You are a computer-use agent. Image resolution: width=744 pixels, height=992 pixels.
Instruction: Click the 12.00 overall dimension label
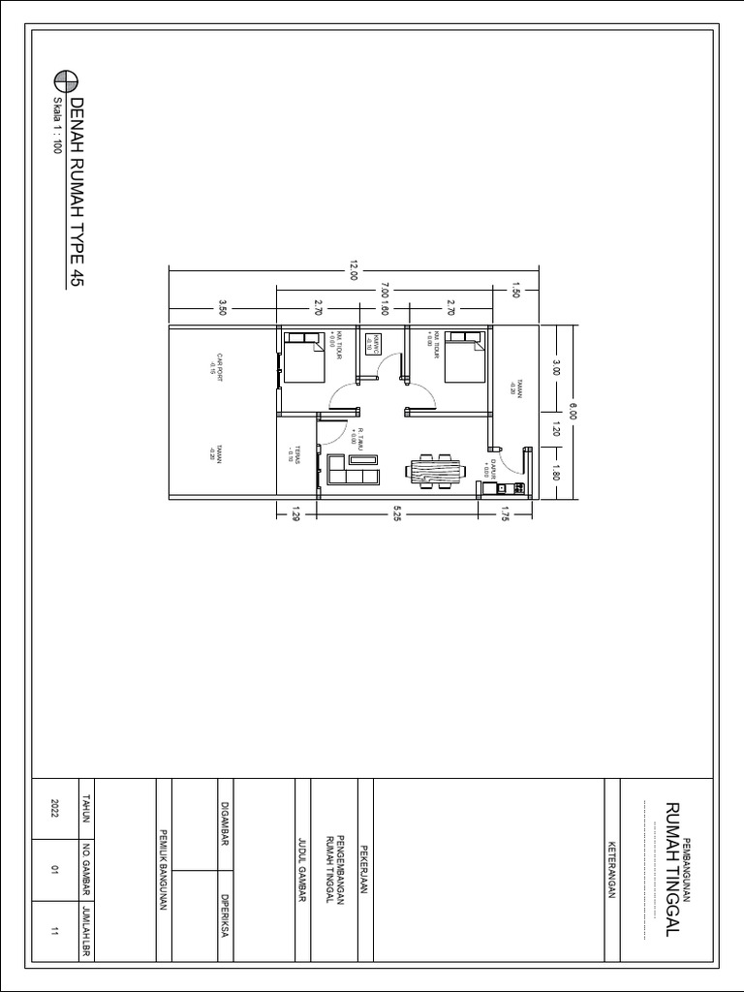click(x=354, y=274)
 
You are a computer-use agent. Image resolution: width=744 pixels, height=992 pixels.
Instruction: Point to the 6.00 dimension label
click(x=573, y=412)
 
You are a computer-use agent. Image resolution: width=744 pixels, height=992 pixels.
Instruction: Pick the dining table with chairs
click(x=436, y=472)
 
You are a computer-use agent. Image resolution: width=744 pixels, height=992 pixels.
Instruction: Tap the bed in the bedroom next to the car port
click(x=303, y=357)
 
